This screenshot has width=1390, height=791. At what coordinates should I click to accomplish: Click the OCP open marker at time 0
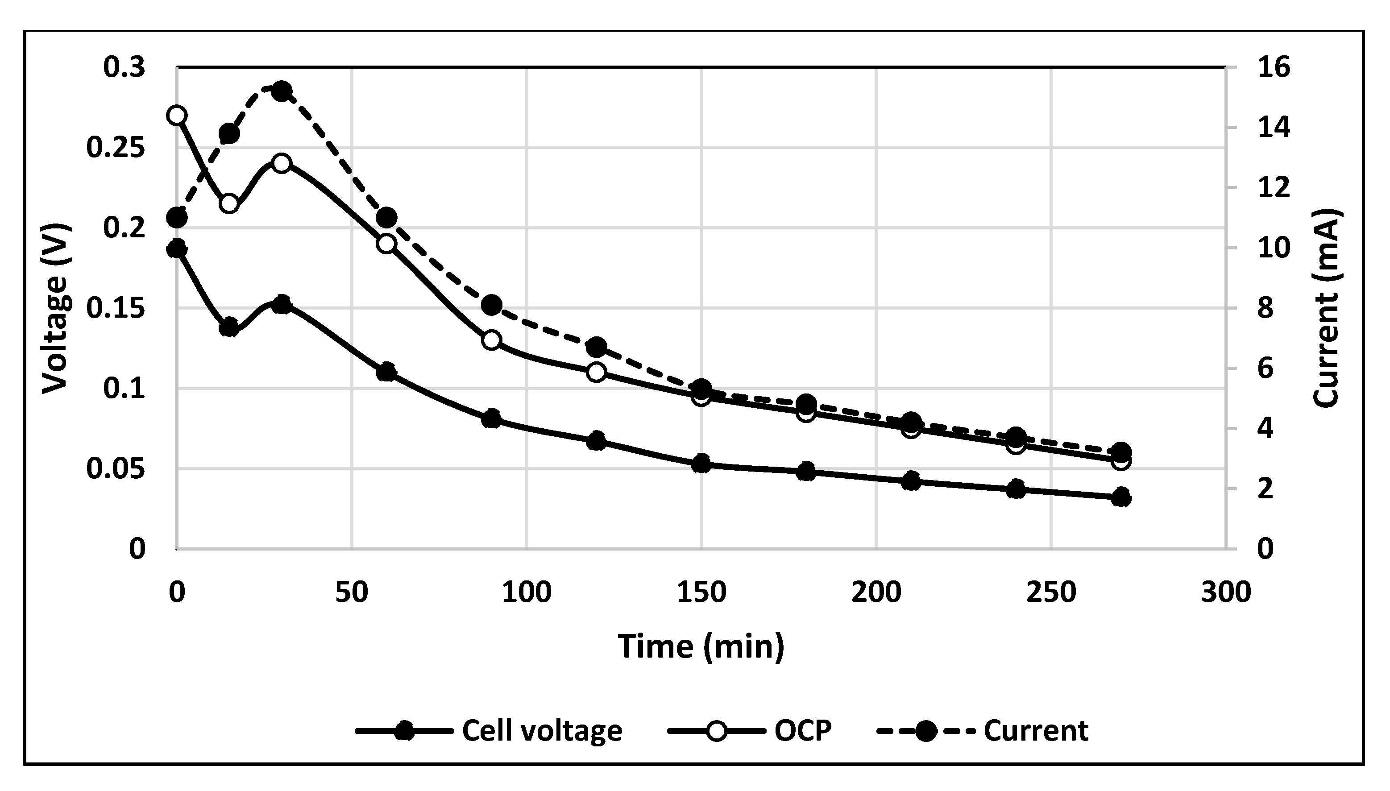(x=177, y=115)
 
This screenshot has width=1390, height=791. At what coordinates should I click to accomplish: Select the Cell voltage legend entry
(x=489, y=731)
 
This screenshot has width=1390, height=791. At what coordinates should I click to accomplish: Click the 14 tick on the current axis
(x=1273, y=128)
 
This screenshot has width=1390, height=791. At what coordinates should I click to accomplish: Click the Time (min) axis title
(x=701, y=646)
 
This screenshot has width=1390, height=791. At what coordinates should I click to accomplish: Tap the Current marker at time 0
(x=177, y=218)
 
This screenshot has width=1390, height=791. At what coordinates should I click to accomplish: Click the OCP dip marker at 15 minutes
(x=229, y=204)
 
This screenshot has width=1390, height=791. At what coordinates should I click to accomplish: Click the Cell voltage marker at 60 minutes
(x=386, y=372)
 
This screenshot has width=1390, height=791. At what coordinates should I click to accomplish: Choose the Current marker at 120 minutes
(x=597, y=347)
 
